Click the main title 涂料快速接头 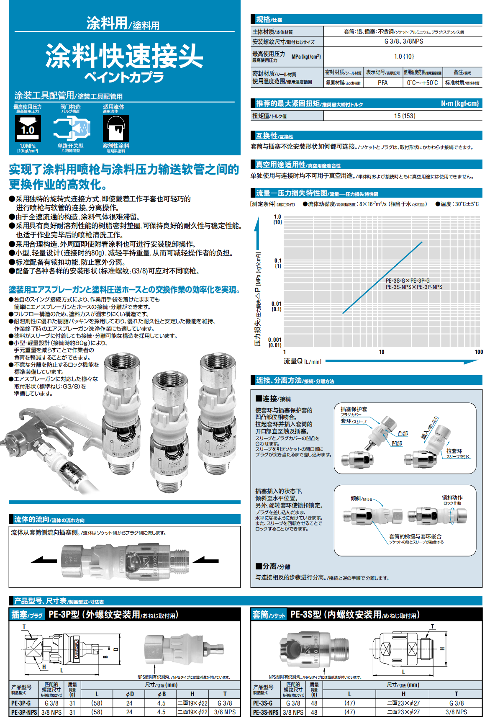[x=124, y=56]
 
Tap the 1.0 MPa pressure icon [x=28, y=128]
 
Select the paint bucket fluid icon [x=115, y=128]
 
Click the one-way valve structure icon [x=71, y=128]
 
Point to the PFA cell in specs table [x=382, y=83]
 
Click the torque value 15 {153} [x=404, y=116]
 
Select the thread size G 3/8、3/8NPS [x=403, y=41]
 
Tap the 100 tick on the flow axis [x=479, y=352]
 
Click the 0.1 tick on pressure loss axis [x=278, y=260]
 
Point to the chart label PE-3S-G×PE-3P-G [x=407, y=281]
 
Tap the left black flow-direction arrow [x=44, y=560]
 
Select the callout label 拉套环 [x=454, y=451]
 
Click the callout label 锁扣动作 [x=452, y=497]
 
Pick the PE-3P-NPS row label [x=24, y=712]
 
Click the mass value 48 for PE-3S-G [x=314, y=703]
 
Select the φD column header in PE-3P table [x=130, y=694]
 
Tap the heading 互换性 [x=267, y=136]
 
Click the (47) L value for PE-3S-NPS [x=349, y=712]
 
